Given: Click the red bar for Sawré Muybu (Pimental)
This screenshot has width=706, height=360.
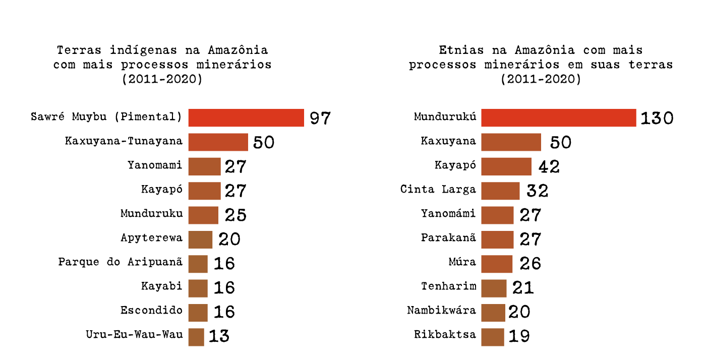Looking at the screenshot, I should point(246,117).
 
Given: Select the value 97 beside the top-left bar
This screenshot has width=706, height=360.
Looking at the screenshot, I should point(320,118).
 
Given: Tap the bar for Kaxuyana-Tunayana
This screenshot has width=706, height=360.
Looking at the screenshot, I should point(218,142).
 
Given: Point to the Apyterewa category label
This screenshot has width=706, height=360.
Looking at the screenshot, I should point(151,237).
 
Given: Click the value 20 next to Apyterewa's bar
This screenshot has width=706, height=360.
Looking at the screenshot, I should point(229,239).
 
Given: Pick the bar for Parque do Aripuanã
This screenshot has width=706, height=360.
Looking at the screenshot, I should point(198,263).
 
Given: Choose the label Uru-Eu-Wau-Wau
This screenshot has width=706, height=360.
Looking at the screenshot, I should point(134,334).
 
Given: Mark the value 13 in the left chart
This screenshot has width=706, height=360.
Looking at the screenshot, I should point(219,336).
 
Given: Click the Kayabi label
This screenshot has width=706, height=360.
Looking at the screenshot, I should point(161,286).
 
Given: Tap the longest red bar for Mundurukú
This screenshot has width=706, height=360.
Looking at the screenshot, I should point(558,117).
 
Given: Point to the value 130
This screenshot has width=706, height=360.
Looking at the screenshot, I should point(657,118).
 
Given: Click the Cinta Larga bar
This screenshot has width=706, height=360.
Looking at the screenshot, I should point(500,191).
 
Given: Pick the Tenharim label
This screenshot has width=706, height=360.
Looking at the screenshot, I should point(448,286).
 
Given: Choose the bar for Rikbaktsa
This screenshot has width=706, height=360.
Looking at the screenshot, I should point(492,337).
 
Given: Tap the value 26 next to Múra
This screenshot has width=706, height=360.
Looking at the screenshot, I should point(530,263).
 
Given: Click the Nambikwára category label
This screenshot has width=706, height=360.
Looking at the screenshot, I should point(441,310).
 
